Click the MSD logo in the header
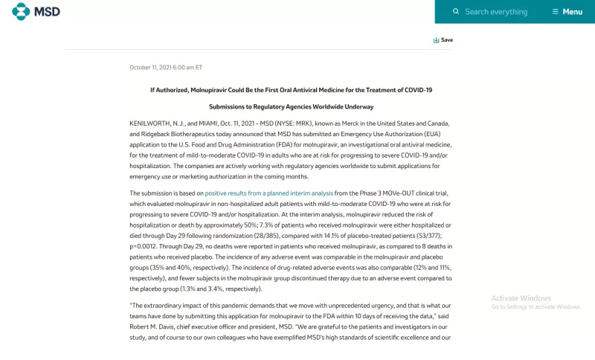(36, 11)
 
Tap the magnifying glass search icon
(456, 12)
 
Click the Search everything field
(496, 12)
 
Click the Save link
(443, 40)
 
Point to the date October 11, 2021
(166, 67)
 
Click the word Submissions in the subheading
(230, 106)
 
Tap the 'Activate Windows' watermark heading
(521, 298)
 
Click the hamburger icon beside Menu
(555, 12)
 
